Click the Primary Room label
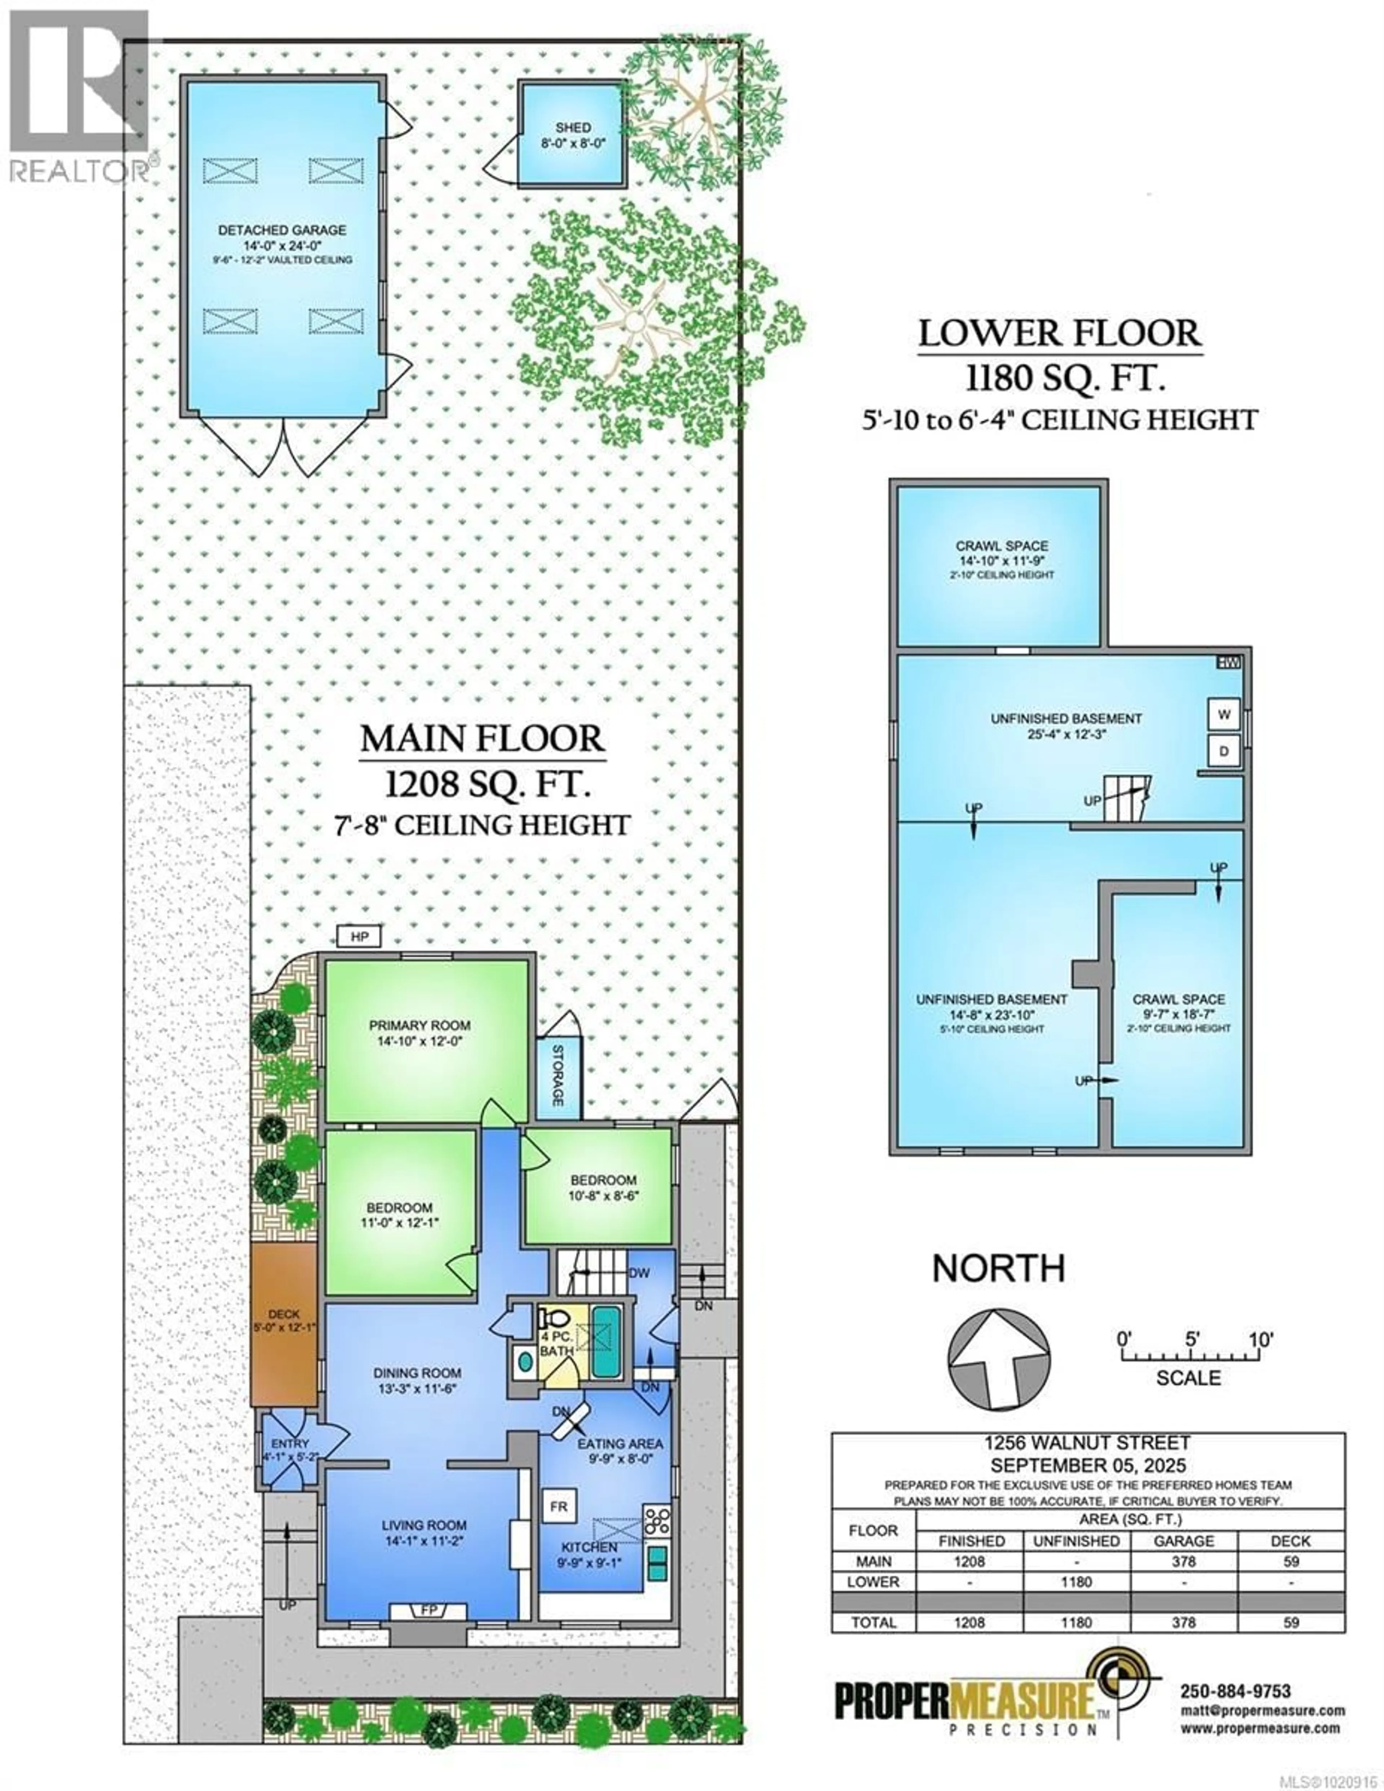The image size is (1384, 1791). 419,1025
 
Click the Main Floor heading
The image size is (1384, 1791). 482,739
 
